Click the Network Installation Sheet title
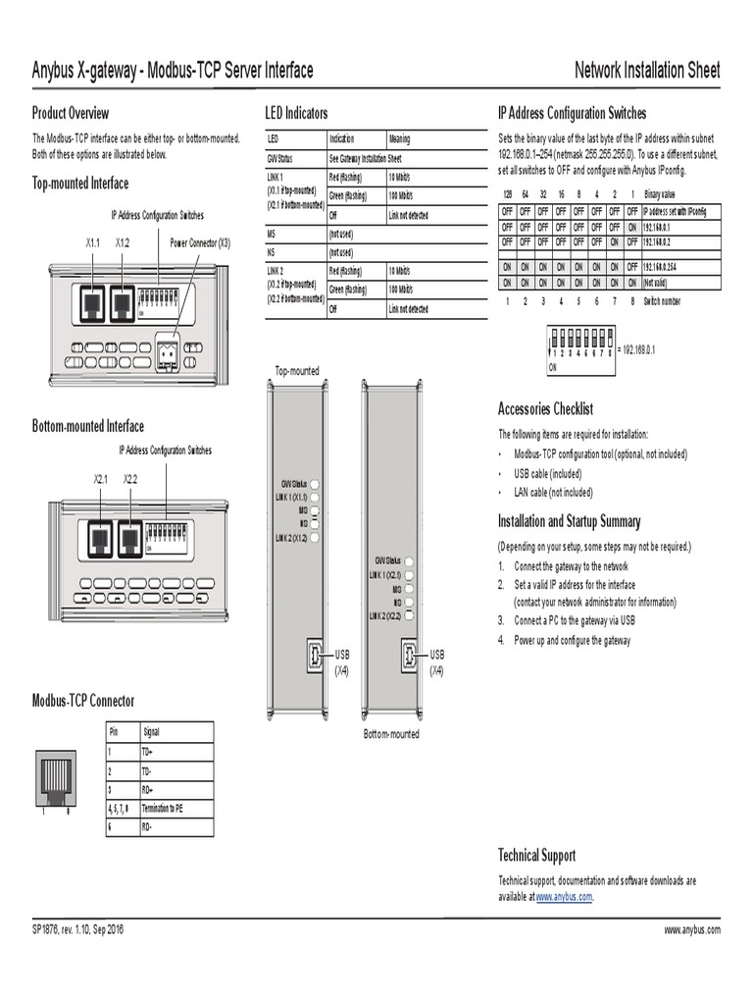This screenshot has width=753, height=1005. [x=646, y=71]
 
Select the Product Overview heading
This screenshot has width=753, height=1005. [x=71, y=113]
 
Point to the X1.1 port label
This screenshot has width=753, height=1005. [x=93, y=242]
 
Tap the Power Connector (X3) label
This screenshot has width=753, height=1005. [x=200, y=242]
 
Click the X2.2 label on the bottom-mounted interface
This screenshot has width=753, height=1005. [x=130, y=479]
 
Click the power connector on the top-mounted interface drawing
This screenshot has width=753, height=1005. [x=167, y=351]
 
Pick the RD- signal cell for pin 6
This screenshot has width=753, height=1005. [x=151, y=826]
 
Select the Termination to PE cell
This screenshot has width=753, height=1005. [x=163, y=808]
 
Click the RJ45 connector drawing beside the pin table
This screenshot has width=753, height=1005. [x=54, y=776]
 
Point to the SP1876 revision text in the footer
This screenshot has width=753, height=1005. [x=78, y=929]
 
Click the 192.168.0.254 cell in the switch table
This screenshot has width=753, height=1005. [x=663, y=266]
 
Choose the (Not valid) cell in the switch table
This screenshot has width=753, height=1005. [x=659, y=282]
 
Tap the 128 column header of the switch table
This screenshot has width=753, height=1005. [x=507, y=194]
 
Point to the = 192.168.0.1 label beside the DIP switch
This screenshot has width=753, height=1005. [x=637, y=349]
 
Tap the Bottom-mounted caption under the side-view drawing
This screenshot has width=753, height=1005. [x=391, y=733]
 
